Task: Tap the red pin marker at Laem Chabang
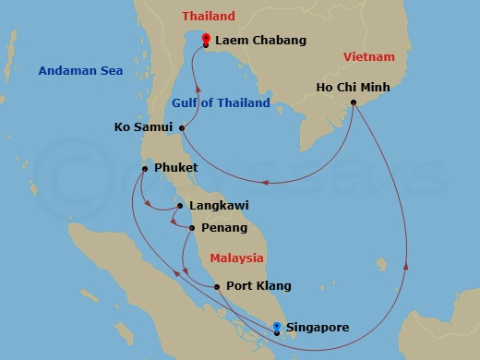coord(205,40)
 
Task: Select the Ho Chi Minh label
coord(353,88)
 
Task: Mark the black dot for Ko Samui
coord(182,126)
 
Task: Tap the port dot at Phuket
coord(145,168)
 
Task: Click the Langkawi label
coord(218,206)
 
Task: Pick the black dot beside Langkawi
coord(179,206)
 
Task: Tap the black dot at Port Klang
coord(217,286)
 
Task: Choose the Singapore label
coord(318,327)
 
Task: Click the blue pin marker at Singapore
coord(277,326)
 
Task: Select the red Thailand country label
coord(209,17)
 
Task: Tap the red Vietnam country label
coord(368,57)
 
